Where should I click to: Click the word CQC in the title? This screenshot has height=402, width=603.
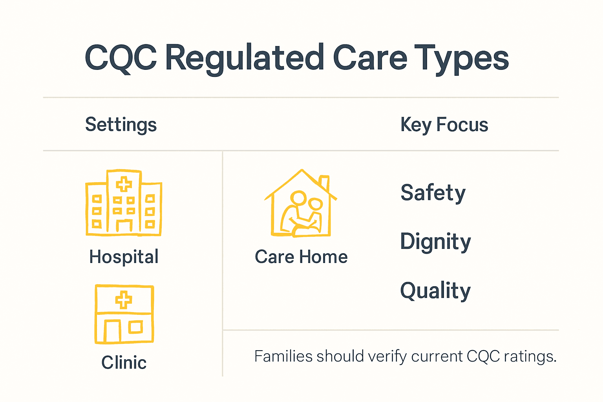tap(121, 58)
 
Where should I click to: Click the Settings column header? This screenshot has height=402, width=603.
tap(121, 125)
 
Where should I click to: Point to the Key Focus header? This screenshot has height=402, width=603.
tap(444, 125)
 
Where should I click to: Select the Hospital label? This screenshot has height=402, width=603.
tap(124, 257)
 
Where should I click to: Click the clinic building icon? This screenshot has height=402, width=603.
tap(124, 314)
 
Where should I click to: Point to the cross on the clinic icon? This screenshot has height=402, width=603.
tap(124, 300)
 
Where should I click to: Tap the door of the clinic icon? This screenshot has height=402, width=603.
tap(112, 331)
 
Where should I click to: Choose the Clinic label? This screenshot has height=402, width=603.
tap(124, 362)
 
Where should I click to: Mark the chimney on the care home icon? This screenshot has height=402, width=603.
tap(324, 183)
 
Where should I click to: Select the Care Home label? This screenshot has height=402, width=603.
tap(301, 257)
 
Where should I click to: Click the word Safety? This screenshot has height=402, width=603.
tap(433, 193)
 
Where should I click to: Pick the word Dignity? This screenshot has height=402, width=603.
tap(435, 241)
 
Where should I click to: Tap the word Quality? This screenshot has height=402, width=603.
tap(435, 291)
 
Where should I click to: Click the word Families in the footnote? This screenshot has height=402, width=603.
tap(283, 356)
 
